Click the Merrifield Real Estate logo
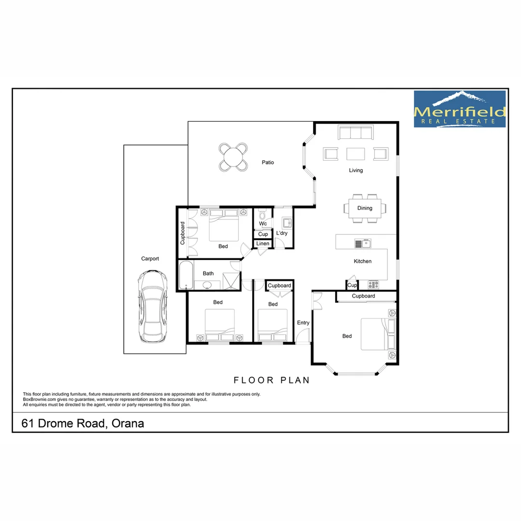point(460,110)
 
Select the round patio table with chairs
point(233,157)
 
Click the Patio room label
point(268,163)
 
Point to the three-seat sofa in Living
point(355,133)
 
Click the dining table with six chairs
point(365,208)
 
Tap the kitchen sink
point(363,244)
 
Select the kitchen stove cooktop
point(373,285)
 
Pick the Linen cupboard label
point(263,244)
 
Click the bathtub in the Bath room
point(186,275)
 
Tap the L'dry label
point(282,233)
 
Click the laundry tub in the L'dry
point(287,222)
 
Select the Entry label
point(303,323)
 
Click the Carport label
point(150,259)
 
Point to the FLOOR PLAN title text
point(272,380)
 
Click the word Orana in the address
point(128,424)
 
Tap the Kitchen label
point(363,261)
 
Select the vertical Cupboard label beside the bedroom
point(182,233)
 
